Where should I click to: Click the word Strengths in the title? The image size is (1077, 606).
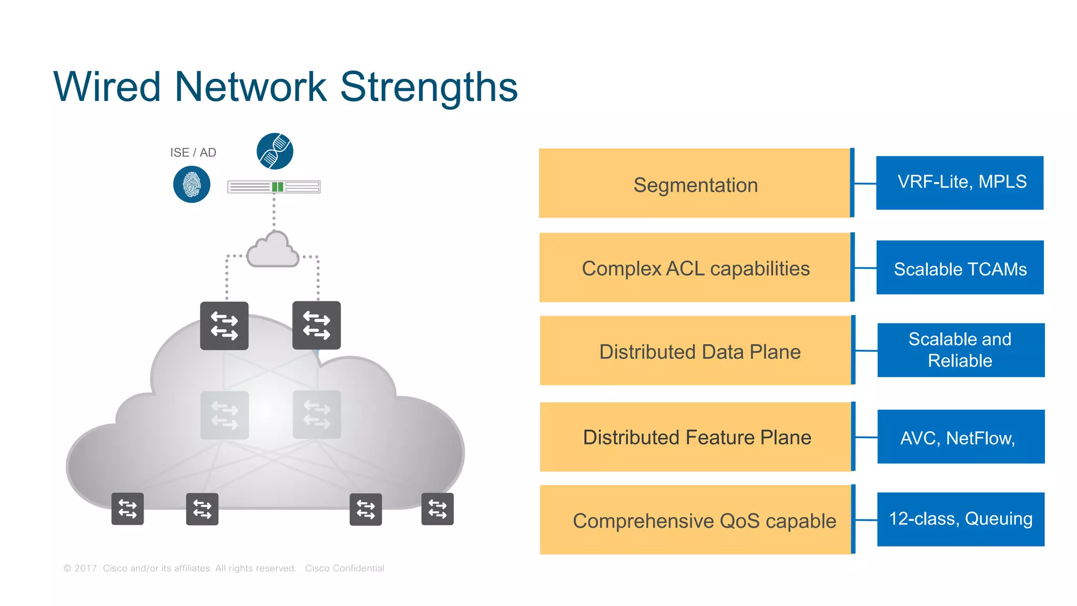pos(429,87)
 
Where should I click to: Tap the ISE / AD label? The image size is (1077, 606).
pos(193,153)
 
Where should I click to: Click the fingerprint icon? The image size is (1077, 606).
pos(192,185)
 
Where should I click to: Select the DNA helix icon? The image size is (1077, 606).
pos(275,151)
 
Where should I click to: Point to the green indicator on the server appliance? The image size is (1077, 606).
pos(278,187)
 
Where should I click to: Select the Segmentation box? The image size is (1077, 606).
pos(695,184)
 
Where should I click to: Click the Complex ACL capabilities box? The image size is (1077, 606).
pos(695,268)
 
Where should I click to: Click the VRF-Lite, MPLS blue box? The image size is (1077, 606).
pos(960,183)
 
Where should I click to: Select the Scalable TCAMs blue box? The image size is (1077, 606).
pos(960,268)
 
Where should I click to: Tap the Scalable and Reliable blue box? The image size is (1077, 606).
pos(961,350)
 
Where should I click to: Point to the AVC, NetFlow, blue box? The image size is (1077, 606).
pos(961,437)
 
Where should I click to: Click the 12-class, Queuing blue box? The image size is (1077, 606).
pos(961,519)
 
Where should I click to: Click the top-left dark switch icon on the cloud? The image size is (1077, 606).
pos(225,326)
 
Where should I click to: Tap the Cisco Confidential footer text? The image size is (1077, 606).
pos(344,568)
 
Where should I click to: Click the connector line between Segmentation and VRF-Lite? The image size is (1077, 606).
pos(865,184)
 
